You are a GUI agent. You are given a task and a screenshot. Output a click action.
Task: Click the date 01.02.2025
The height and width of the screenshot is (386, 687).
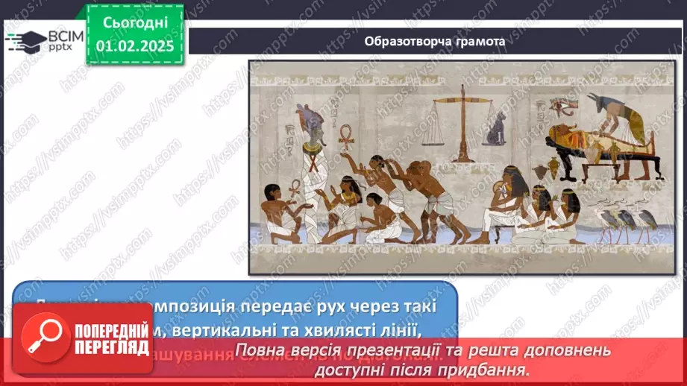tap(134, 45)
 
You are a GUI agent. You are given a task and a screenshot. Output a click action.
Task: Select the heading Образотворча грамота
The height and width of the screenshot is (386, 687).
tap(434, 41)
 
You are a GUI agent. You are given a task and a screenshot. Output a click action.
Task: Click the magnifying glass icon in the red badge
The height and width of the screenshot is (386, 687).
tap(46, 335)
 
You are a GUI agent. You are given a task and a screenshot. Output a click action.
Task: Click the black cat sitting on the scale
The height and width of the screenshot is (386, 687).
tap(495, 130)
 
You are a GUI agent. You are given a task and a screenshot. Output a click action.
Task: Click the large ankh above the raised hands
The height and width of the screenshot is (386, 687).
tap(345, 136)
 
